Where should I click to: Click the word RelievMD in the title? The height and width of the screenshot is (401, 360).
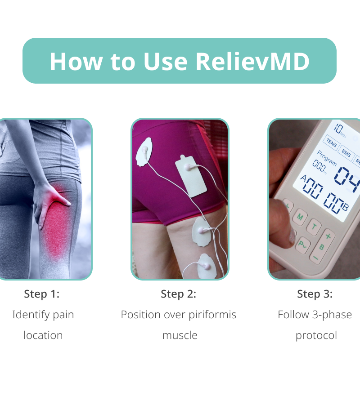(252, 62)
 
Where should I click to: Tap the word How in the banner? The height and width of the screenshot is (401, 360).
(76, 62)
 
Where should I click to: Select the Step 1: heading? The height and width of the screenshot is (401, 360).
(42, 294)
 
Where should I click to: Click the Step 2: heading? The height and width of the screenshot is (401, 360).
(179, 294)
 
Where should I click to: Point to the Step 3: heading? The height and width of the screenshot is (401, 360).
(315, 294)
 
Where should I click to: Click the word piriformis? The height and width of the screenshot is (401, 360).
(212, 315)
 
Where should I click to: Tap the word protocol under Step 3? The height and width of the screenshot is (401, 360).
(316, 335)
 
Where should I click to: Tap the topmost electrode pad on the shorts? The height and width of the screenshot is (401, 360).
(144, 152)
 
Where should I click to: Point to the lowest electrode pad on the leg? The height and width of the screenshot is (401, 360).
(207, 266)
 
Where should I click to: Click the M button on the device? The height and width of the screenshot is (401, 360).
(300, 217)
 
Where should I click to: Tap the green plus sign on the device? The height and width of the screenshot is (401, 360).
(328, 236)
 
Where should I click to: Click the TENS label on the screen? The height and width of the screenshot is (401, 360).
(332, 143)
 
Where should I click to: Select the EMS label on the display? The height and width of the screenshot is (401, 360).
(346, 153)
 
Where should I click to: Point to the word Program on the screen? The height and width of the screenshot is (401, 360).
(327, 158)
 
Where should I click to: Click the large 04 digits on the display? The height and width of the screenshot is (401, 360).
(347, 178)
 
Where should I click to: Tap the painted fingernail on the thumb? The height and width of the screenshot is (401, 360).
(292, 236)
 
